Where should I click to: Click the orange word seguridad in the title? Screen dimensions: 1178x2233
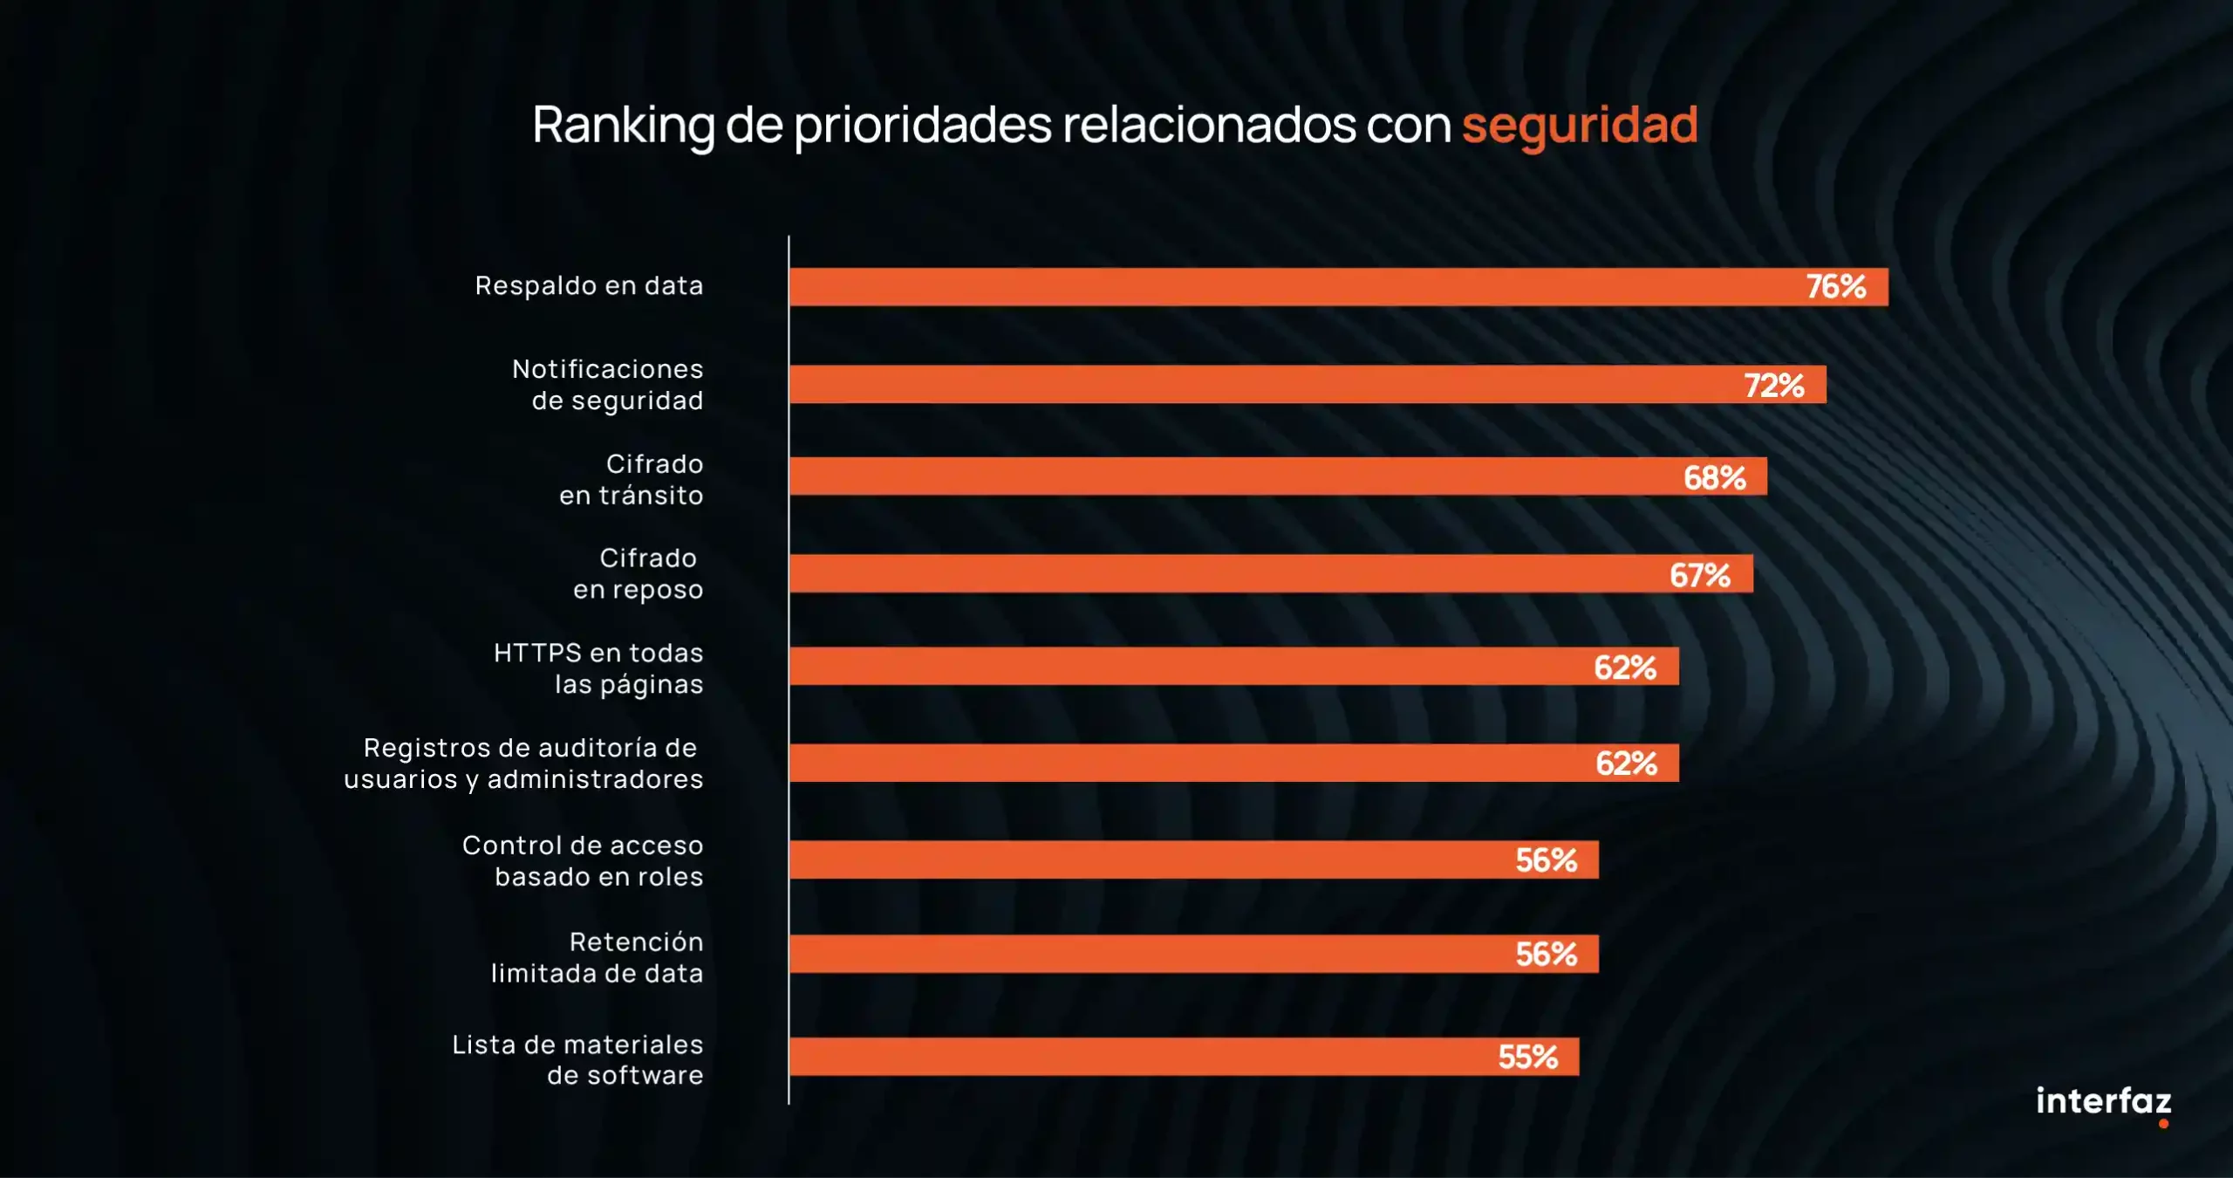click(x=1580, y=125)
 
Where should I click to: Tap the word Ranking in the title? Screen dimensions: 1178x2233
click(x=623, y=125)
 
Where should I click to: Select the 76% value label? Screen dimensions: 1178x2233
click(x=1835, y=286)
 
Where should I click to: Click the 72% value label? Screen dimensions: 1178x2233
click(x=1773, y=385)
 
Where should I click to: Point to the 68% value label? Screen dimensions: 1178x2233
click(x=1714, y=477)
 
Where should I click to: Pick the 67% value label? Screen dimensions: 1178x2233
click(x=1699, y=575)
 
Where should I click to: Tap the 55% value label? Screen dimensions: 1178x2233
click(x=1527, y=1057)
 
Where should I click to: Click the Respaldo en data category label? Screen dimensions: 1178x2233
click(x=589, y=285)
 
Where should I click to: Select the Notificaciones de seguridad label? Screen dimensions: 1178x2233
click(x=608, y=384)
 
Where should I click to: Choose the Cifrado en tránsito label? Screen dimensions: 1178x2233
click(x=632, y=479)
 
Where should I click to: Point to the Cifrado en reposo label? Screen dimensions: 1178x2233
click(x=638, y=573)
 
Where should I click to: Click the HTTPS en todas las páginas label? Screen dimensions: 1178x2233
click(x=599, y=668)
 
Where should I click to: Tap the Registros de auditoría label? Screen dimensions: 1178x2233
click(x=524, y=763)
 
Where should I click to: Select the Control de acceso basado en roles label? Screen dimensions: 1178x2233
click(x=583, y=860)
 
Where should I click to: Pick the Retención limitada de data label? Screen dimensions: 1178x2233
click(x=598, y=957)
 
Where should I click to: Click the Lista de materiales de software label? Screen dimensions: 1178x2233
click(x=578, y=1059)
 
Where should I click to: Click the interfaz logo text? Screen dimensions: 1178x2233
click(x=2103, y=1100)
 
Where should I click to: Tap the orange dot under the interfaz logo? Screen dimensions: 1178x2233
click(x=2163, y=1124)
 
